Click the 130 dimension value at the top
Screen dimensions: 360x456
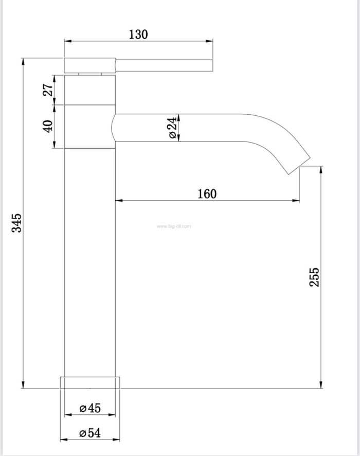138,34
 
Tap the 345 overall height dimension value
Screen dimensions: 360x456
16,223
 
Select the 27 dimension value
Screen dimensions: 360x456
48,90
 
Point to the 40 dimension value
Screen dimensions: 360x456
48,126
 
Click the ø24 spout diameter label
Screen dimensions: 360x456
172,128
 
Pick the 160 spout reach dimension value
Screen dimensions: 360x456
207,194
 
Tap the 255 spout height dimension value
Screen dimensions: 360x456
314,277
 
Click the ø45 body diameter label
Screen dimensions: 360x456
90,408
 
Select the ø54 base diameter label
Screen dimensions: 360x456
90,433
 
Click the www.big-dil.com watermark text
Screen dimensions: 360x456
174,226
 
